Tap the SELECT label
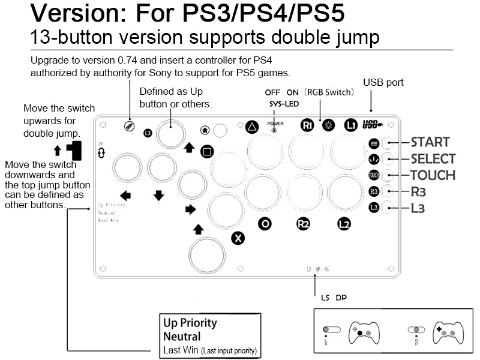433,159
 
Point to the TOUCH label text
432,175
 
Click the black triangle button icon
252,127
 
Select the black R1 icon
307,126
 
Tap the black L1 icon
351,126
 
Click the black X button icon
238,238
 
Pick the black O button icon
264,224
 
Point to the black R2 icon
304,224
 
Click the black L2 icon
344,224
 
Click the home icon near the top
205,129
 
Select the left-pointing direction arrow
126,195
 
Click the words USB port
383,82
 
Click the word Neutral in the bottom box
182,337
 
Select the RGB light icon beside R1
328,126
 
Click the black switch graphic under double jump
73,150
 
